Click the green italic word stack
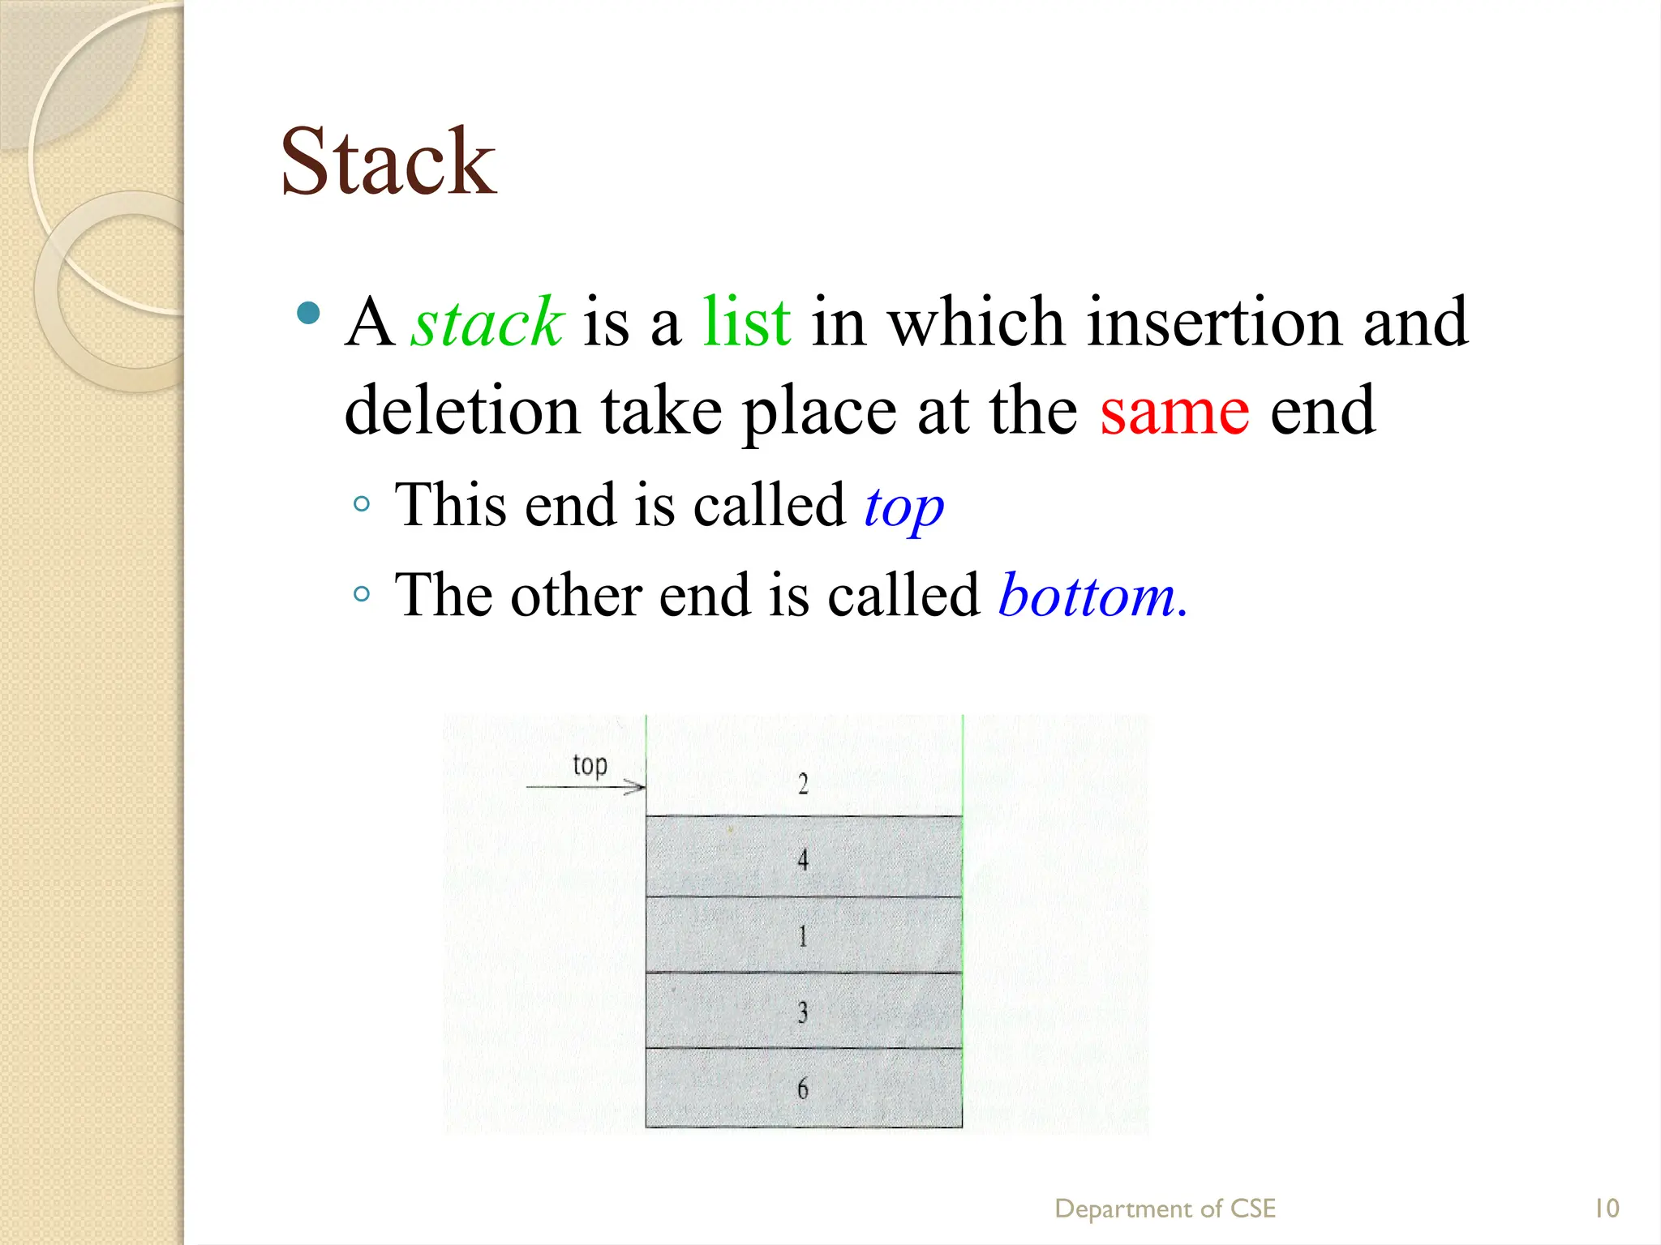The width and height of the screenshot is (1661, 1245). [487, 323]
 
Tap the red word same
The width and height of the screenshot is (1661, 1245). [1174, 412]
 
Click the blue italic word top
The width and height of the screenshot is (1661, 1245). [903, 507]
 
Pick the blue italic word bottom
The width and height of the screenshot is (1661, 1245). [1091, 596]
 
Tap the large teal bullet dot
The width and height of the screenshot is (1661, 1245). [308, 313]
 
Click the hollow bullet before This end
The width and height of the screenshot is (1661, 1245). [362, 504]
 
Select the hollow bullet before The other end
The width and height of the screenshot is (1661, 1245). [362, 594]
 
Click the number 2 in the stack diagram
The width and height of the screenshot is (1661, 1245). [803, 784]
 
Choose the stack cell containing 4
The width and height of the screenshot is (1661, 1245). [803, 858]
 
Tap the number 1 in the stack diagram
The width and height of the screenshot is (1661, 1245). [803, 936]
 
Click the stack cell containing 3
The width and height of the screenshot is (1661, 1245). [803, 1012]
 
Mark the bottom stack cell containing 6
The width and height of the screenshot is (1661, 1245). [803, 1088]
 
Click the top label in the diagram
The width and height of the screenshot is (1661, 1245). [590, 765]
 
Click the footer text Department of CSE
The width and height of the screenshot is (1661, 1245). [1165, 1209]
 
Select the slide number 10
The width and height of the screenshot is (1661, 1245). [1606, 1209]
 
